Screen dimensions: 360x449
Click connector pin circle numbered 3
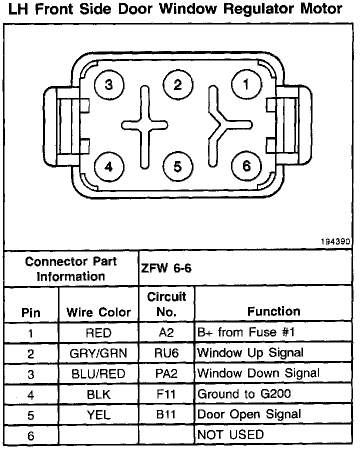[109, 85]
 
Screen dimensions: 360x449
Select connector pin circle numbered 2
[177, 84]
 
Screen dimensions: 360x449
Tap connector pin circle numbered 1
[245, 85]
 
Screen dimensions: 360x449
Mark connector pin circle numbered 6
[245, 166]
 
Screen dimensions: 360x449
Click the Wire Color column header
[98, 312]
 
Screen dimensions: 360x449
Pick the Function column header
[273, 311]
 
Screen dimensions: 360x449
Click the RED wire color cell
[98, 333]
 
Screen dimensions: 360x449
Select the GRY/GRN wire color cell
[98, 353]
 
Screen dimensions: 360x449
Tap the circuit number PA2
[167, 373]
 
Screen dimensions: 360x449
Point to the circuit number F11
[167, 394]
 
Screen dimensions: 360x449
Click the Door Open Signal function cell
[249, 414]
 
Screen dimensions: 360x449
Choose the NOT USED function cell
[230, 434]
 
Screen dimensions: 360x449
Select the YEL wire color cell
[98, 414]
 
